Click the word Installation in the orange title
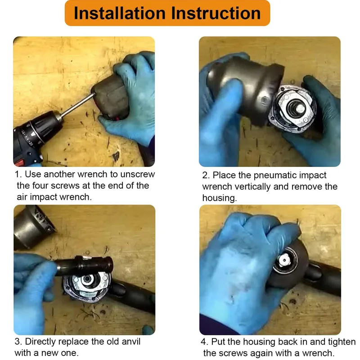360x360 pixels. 120,13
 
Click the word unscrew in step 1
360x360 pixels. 138,174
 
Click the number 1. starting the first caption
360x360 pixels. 18,174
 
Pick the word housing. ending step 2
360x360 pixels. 219,198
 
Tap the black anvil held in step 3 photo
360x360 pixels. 84,265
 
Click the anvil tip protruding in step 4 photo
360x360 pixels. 285,260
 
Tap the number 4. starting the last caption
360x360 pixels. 204,342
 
